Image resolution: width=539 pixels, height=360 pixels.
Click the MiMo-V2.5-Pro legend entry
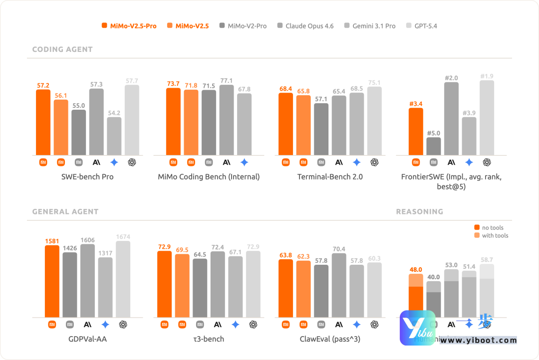tap(129, 26)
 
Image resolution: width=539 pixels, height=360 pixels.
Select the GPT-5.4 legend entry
tap(422, 26)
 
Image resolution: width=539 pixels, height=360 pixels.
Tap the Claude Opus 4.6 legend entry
tap(305, 26)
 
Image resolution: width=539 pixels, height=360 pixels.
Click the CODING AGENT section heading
tap(62, 49)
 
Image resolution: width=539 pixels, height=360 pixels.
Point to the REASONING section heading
tap(419, 211)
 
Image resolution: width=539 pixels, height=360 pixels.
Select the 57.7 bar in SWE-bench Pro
tap(132, 120)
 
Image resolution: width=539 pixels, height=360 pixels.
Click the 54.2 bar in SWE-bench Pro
tap(114, 136)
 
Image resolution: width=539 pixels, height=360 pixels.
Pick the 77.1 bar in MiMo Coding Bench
tap(227, 120)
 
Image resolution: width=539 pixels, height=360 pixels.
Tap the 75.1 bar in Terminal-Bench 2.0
tap(374, 121)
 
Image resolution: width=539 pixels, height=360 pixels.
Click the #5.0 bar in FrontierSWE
tap(434, 146)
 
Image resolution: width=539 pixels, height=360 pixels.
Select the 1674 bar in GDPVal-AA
tap(123, 279)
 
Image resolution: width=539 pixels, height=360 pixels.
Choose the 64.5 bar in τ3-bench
tap(200, 288)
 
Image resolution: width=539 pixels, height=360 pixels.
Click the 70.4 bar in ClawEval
tap(339, 285)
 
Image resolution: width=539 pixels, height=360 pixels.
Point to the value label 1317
tap(105, 253)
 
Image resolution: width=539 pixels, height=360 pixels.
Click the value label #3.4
tap(416, 104)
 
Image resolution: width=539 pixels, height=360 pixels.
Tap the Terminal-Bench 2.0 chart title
tap(330, 177)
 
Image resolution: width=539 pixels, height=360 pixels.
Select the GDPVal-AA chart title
tap(87, 339)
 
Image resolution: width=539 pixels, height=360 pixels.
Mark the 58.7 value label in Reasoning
tap(487, 260)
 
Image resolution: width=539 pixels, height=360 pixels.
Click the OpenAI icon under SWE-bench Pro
tap(132, 162)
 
